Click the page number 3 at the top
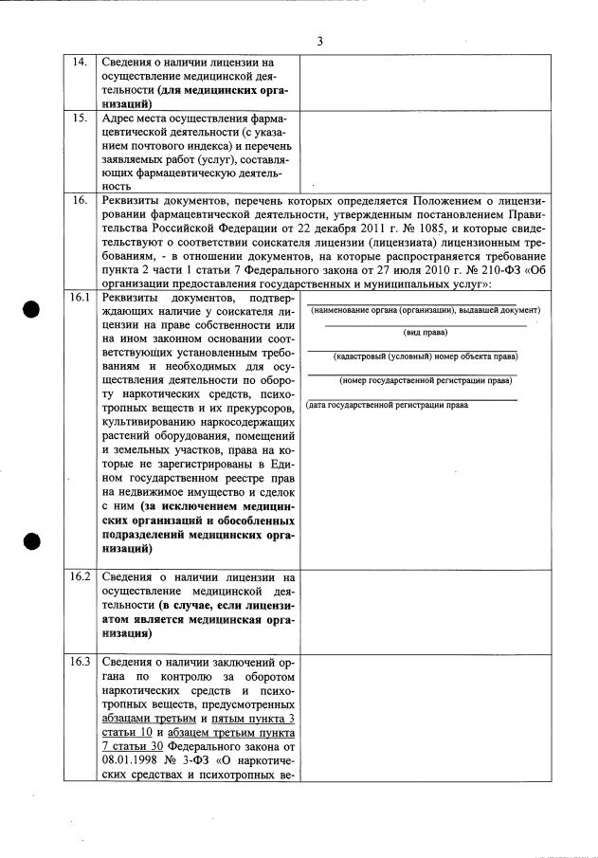[x=319, y=41]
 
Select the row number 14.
[x=81, y=63]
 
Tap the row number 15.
[x=81, y=119]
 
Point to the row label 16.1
[x=81, y=298]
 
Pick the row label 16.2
[x=81, y=576]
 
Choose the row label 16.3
[x=81, y=662]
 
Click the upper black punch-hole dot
[x=33, y=310]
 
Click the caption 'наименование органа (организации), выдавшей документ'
[x=425, y=310]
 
